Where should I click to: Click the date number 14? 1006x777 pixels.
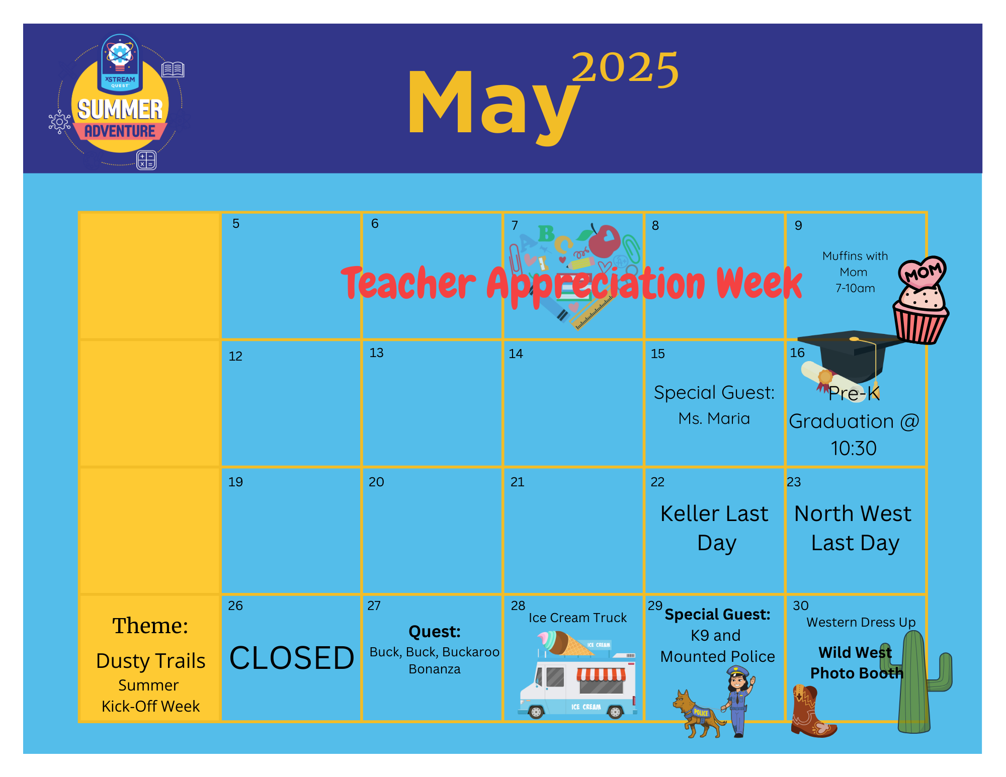(x=516, y=354)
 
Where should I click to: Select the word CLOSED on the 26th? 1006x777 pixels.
(x=292, y=658)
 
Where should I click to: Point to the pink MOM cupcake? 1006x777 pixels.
(x=920, y=300)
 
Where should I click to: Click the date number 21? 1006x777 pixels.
(x=517, y=482)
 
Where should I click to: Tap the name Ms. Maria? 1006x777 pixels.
(x=714, y=418)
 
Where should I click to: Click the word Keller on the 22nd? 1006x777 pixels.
(x=689, y=513)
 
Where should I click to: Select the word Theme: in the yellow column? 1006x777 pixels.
(x=150, y=626)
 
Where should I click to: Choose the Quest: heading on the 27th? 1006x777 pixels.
(x=435, y=632)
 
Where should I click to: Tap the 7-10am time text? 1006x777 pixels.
(x=855, y=288)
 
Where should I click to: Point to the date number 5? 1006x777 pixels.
(x=236, y=224)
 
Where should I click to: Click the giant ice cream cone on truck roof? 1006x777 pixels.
(x=566, y=643)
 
